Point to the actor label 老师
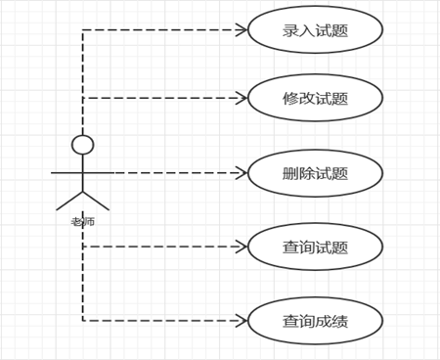[83, 222]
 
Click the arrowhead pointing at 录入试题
[242, 29]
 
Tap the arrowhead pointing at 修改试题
[242, 98]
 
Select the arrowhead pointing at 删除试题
[242, 173]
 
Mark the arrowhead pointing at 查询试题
[242, 247]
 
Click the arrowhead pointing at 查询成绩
[242, 321]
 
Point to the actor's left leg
[69, 201]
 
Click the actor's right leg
[96, 201]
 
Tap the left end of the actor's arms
[52, 173]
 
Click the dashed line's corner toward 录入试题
[83, 29]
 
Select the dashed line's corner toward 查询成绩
[83, 321]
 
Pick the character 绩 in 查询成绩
[340, 322]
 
